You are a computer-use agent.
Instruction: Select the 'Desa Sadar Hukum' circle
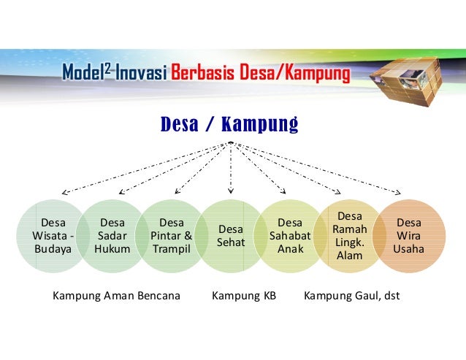coord(112,235)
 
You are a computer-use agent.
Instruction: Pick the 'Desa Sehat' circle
coord(231,235)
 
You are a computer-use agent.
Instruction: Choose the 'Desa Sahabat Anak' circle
coord(290,235)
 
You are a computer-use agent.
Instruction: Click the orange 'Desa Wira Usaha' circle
coord(408,235)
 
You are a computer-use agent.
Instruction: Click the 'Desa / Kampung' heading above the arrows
coord(229,125)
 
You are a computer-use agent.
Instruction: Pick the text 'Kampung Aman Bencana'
coord(116,297)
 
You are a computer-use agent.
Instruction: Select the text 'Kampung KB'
coord(243,297)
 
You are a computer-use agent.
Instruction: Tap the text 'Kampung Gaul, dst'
coord(351,297)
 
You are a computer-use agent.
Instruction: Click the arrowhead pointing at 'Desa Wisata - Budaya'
coord(64,193)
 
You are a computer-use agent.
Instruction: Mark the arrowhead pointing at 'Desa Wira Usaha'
coord(398,192)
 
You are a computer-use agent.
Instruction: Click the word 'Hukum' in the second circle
coord(112,248)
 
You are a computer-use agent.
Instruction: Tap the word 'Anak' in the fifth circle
coord(290,248)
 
